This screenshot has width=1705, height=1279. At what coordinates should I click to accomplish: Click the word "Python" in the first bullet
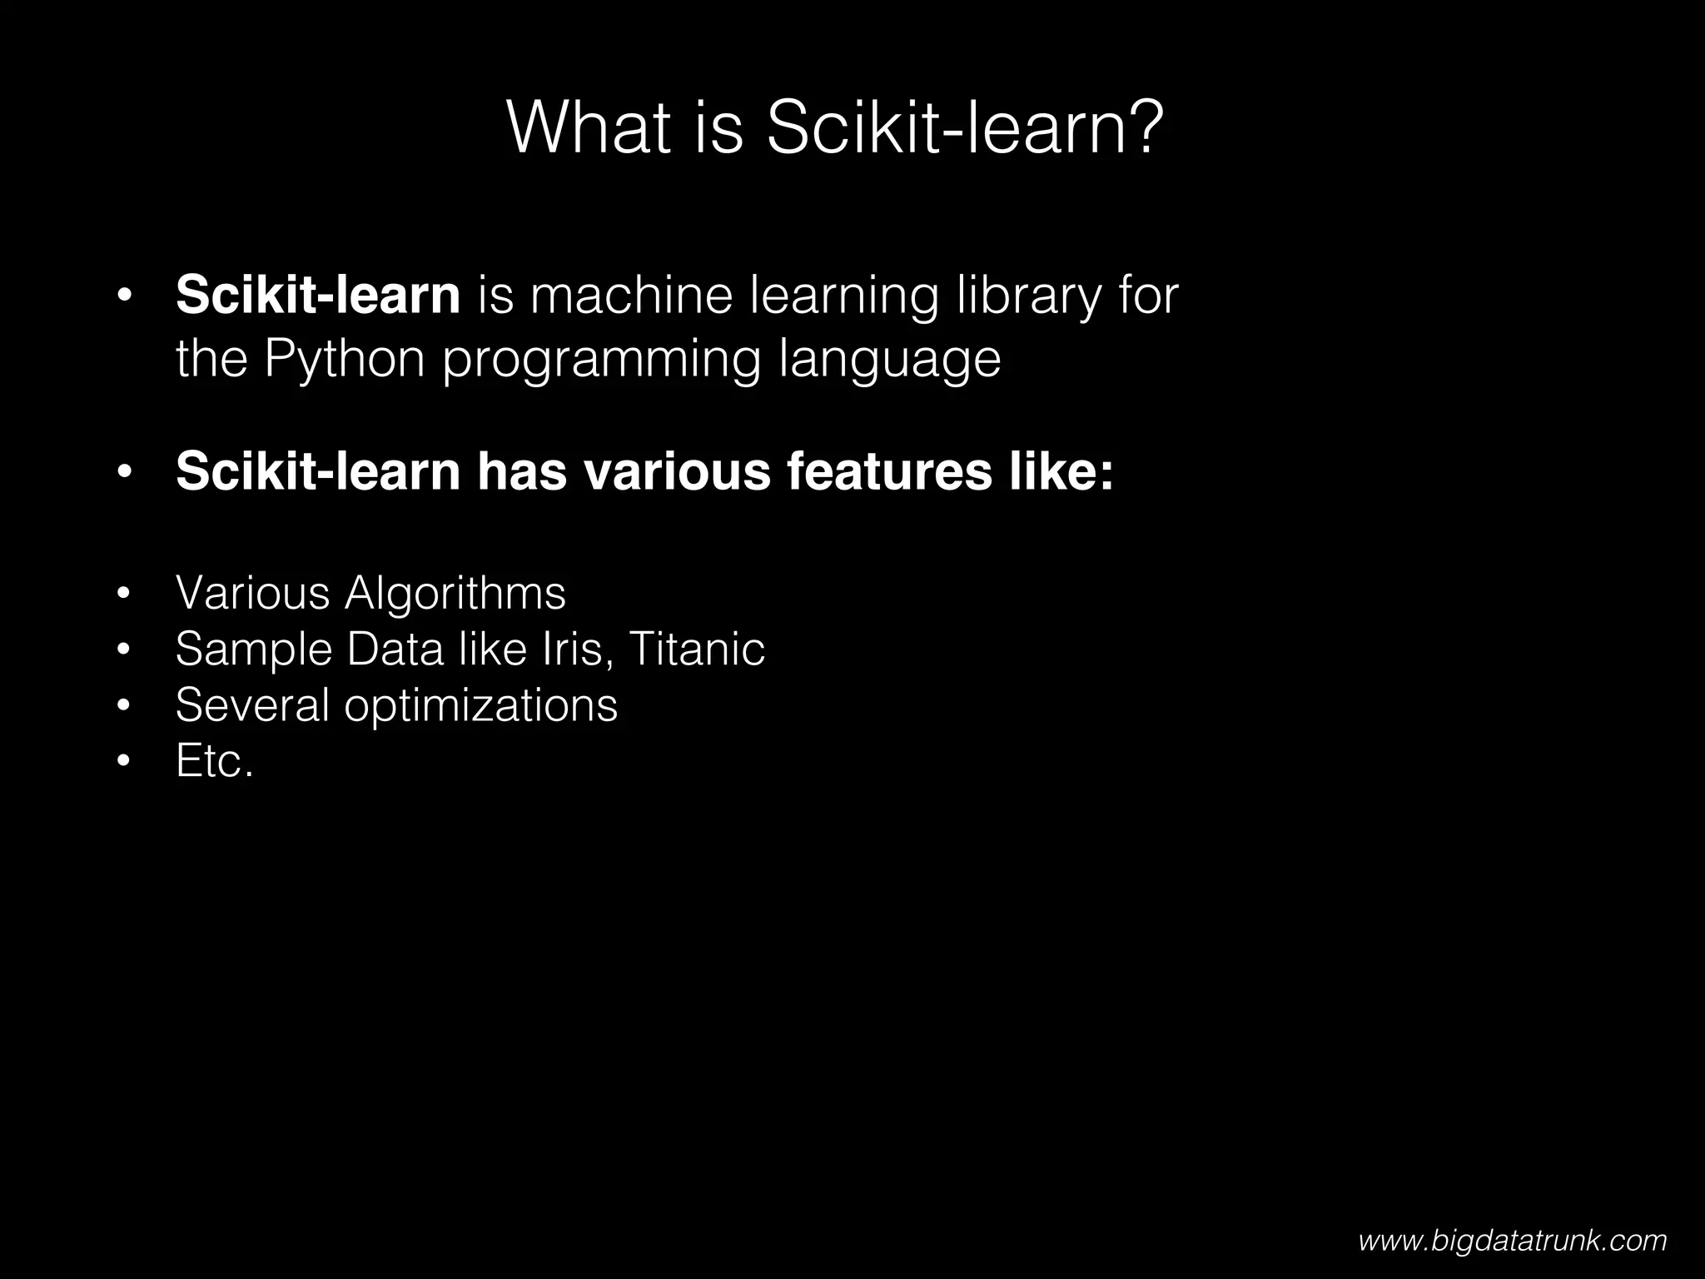pyautogui.click(x=345, y=359)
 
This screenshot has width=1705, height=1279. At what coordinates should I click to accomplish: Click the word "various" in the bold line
pyautogui.click(x=676, y=471)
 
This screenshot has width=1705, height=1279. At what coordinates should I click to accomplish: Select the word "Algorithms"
pyautogui.click(x=455, y=594)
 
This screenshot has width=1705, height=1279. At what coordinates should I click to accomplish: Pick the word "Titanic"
pyautogui.click(x=697, y=649)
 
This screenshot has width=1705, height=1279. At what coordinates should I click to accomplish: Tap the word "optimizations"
pyautogui.click(x=480, y=706)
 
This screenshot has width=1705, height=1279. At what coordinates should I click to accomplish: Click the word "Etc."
pyautogui.click(x=214, y=761)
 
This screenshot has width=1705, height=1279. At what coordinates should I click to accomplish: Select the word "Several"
pyautogui.click(x=252, y=705)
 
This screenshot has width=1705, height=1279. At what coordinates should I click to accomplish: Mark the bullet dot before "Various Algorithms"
pyautogui.click(x=124, y=595)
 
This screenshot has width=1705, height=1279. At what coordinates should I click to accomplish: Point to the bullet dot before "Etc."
pyautogui.click(x=124, y=762)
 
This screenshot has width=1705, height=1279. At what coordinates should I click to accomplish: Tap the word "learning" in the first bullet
pyautogui.click(x=844, y=297)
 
